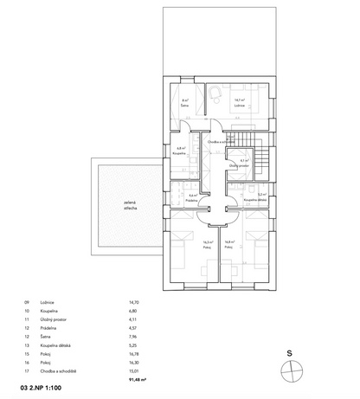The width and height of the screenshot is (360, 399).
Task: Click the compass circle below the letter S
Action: [x=297, y=369]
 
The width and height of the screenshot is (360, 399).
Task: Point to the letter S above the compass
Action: [x=297, y=353]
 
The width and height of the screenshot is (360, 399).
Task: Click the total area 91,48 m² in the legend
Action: [x=137, y=378]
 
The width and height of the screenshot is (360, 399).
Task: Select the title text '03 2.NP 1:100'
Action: [x=40, y=390]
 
